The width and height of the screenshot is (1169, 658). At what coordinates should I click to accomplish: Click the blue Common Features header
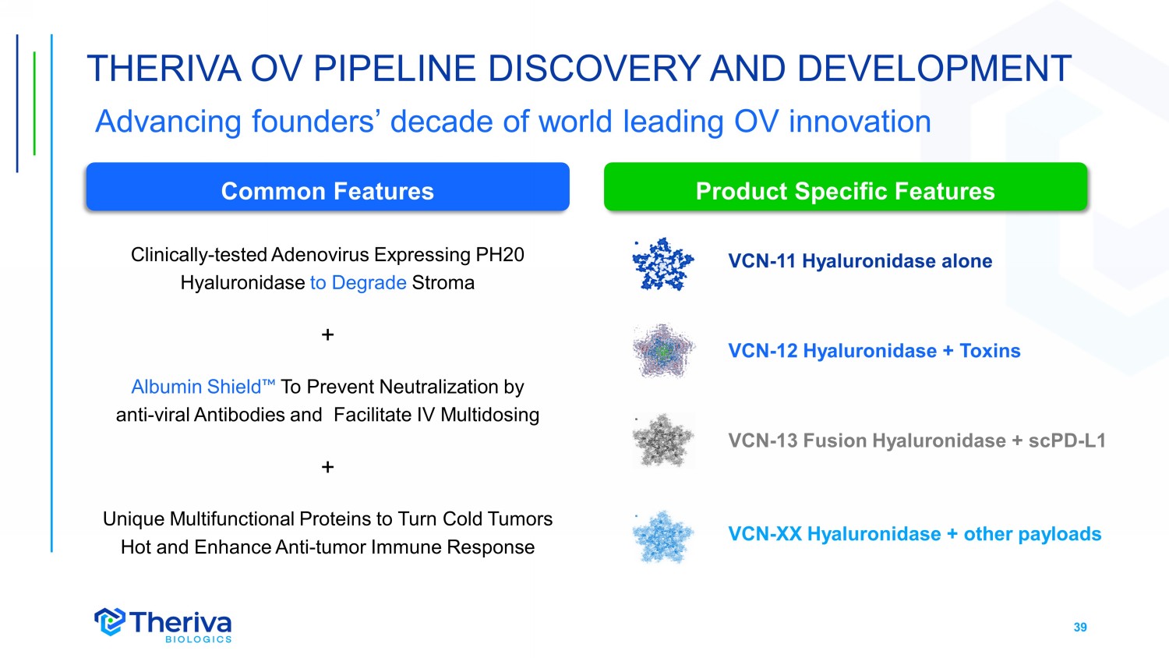328,186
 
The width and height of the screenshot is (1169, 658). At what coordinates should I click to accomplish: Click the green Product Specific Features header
846,186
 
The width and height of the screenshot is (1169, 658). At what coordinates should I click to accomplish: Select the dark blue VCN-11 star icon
662,264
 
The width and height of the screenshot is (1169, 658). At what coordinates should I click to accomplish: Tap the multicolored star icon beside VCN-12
663,351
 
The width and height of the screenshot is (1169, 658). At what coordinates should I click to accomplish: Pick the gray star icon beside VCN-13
663,440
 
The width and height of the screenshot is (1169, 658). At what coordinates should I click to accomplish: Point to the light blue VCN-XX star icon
662,536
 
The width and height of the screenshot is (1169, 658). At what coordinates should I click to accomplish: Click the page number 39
1080,627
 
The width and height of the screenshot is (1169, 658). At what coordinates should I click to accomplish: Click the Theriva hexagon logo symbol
110,621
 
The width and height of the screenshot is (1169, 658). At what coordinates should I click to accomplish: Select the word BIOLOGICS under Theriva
198,639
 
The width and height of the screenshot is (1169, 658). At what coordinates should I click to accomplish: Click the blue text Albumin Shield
203,387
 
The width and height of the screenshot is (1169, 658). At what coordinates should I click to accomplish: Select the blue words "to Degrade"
358,282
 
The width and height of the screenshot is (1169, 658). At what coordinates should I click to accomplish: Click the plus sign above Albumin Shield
328,334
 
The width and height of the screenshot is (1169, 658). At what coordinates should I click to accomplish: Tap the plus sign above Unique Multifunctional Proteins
328,467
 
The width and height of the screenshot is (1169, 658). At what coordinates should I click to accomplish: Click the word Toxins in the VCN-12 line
990,351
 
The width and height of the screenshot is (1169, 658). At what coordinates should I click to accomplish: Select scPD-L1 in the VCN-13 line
1067,440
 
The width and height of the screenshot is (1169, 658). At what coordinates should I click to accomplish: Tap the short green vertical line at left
34,104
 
